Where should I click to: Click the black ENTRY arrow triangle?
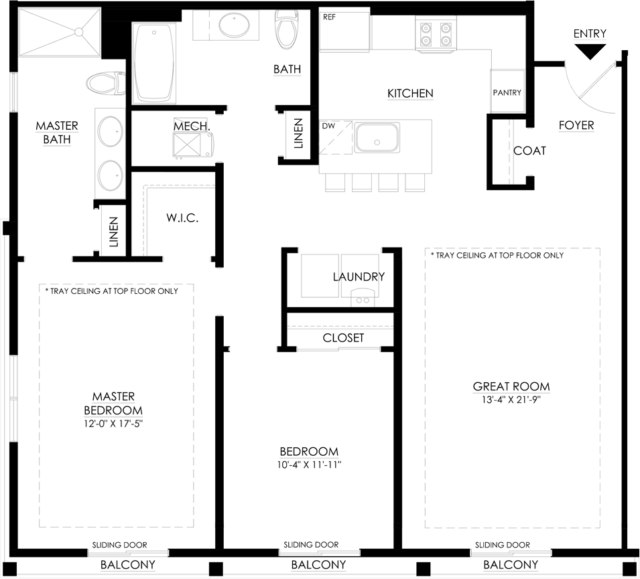point(590,51)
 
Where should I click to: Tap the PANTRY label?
point(507,92)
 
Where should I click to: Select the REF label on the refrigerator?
point(329,17)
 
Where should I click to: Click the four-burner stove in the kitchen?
point(436,35)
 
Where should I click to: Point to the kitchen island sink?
point(377,137)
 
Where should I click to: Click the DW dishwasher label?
point(328,126)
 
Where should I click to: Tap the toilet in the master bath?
point(106,83)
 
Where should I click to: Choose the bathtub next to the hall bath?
point(154,63)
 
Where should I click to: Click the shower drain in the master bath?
point(79,32)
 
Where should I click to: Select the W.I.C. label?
point(182,218)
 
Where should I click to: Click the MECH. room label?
point(192,126)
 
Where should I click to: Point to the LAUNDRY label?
point(359,277)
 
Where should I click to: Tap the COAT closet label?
point(529,151)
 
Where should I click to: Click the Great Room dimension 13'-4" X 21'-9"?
point(511,399)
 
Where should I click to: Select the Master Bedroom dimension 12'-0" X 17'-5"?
point(113,424)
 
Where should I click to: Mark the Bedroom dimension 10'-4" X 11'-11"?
point(309,465)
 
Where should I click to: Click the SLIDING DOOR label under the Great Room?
point(503,545)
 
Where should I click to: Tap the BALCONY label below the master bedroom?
point(128,565)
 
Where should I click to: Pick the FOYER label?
point(576,125)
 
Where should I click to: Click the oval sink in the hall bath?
point(234,25)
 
